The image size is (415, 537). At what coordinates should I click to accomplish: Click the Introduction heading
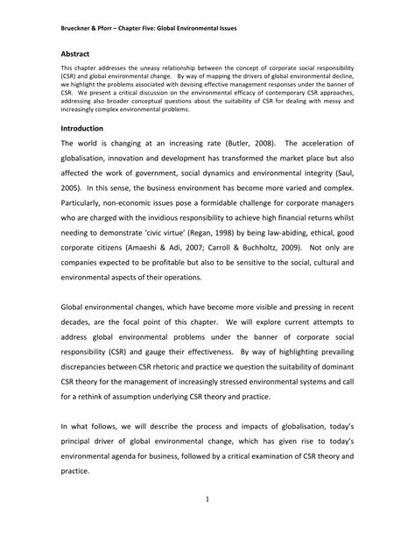coord(82,128)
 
